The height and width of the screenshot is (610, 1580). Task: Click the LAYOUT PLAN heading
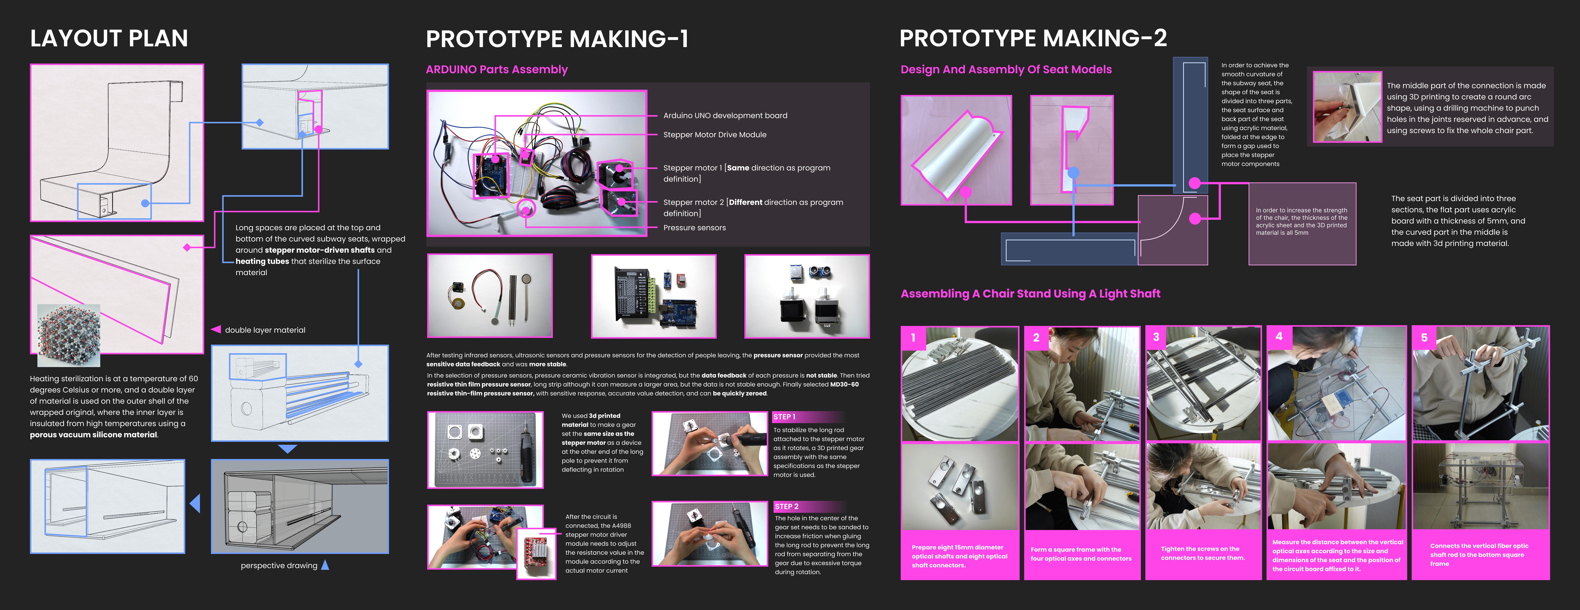coord(109,39)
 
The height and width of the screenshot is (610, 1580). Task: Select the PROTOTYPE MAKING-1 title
coord(557,39)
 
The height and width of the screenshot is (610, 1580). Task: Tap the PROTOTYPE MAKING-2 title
coord(1033,39)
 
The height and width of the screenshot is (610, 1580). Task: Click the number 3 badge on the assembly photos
coord(1156,337)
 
